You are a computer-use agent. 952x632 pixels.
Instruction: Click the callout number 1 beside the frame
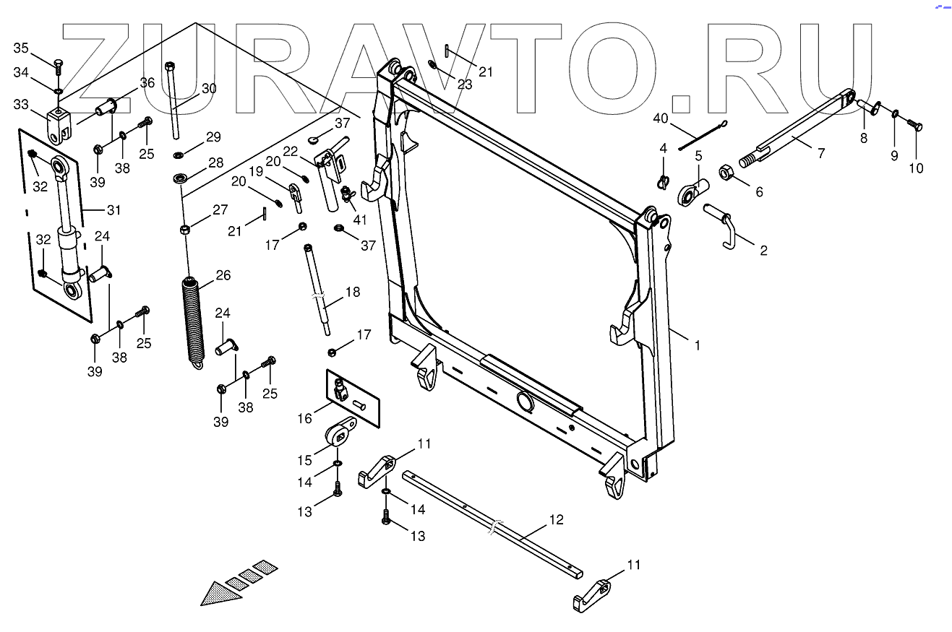697,346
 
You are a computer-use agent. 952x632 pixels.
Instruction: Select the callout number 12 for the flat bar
556,520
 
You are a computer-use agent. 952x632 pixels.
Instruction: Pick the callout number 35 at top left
21,48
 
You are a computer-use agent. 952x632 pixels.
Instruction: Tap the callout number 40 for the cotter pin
661,118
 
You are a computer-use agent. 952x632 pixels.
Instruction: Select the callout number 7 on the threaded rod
820,154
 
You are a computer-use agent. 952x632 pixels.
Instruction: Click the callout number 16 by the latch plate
304,418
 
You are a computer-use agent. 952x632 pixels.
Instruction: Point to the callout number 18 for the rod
352,293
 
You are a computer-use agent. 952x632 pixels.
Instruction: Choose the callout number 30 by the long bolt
209,89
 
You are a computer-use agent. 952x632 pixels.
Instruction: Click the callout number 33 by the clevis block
21,105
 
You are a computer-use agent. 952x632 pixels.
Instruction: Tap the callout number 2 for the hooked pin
763,251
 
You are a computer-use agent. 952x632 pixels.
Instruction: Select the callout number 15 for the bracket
305,460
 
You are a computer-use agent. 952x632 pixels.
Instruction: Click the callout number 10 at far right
916,168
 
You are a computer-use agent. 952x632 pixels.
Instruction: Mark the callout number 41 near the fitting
359,219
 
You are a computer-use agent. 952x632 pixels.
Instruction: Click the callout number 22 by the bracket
290,151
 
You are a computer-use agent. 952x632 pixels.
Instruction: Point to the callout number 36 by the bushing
147,83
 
